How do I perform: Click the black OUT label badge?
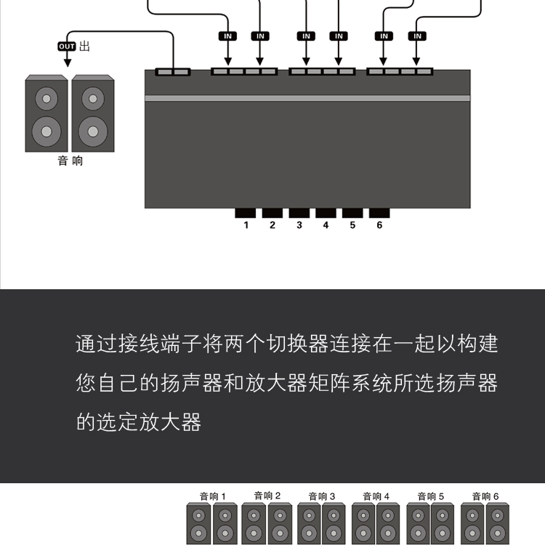[x=67, y=47]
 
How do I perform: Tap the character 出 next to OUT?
[x=84, y=46]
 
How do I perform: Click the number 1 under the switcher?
[x=246, y=225]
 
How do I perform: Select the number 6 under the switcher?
[x=379, y=225]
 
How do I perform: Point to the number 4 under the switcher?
[x=326, y=225]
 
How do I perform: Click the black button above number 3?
[x=299, y=213]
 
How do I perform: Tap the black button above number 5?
[x=352, y=213]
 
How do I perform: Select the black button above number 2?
[x=272, y=213]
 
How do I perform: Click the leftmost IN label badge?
[x=227, y=36]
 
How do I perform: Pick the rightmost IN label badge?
[x=417, y=36]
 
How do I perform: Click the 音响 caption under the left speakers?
[x=70, y=161]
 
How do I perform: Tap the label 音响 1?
[x=213, y=496]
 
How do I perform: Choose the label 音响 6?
[x=485, y=496]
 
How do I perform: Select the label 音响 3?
[x=322, y=496]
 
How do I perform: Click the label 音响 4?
[x=376, y=496]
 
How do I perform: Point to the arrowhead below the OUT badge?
[x=68, y=62]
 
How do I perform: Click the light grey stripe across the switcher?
[x=307, y=98]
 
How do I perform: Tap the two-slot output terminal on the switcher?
[x=173, y=72]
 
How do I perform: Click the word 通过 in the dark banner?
[x=97, y=344]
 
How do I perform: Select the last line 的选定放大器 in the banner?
[x=139, y=422]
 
